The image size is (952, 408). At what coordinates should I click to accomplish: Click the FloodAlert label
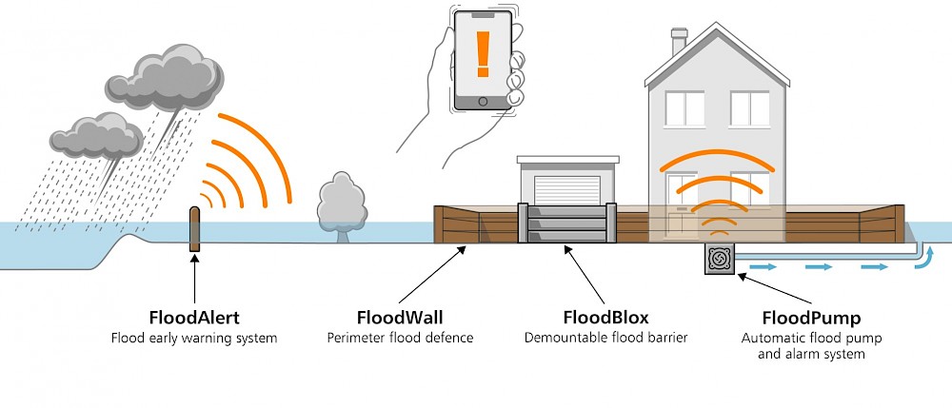pos(193,317)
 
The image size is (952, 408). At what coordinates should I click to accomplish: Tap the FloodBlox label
pos(600,317)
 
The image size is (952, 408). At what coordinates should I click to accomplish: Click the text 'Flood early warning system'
pos(193,338)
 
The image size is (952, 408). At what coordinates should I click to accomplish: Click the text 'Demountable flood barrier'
pos(600,338)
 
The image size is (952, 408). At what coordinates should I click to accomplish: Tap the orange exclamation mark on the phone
pos(483,54)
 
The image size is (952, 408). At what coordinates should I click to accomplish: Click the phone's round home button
pos(483,101)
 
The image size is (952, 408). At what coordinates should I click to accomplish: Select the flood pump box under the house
pos(718,259)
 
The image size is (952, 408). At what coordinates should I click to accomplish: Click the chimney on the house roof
pos(679,41)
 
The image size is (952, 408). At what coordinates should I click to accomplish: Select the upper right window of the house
pos(749,109)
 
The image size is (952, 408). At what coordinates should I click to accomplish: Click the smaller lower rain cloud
pos(97,136)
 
